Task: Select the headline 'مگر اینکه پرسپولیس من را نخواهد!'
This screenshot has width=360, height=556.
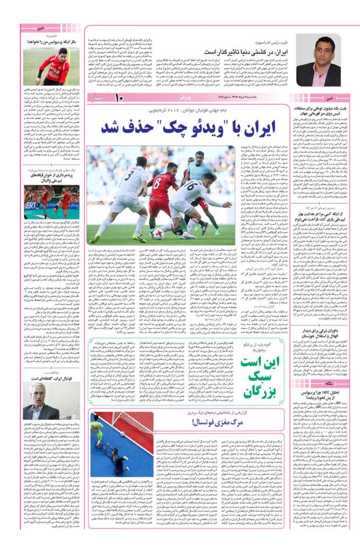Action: pos(52,42)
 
